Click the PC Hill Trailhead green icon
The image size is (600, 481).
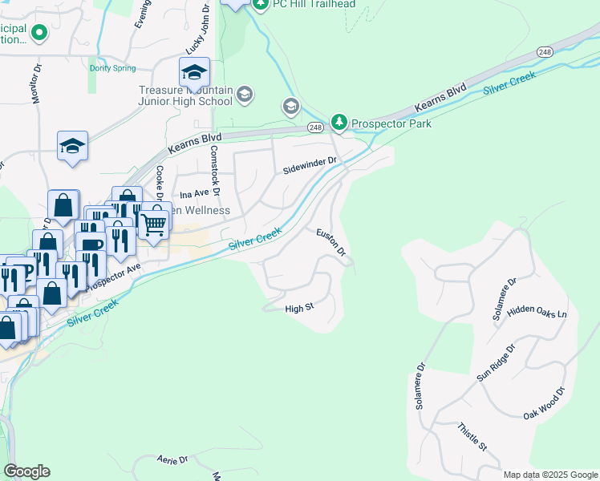[x=260, y=4]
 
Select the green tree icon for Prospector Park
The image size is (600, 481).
[x=340, y=122]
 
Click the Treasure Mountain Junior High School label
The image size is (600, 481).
[x=185, y=96]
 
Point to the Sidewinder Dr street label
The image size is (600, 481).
[x=313, y=166]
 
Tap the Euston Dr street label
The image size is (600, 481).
[x=330, y=242]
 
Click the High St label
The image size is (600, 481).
[x=298, y=308]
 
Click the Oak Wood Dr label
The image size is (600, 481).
[x=545, y=404]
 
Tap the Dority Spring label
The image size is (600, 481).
[x=112, y=69]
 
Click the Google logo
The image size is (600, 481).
[x=26, y=471]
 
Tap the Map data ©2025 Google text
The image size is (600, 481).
[x=549, y=475]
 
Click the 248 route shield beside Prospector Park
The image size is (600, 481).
[x=314, y=127]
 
